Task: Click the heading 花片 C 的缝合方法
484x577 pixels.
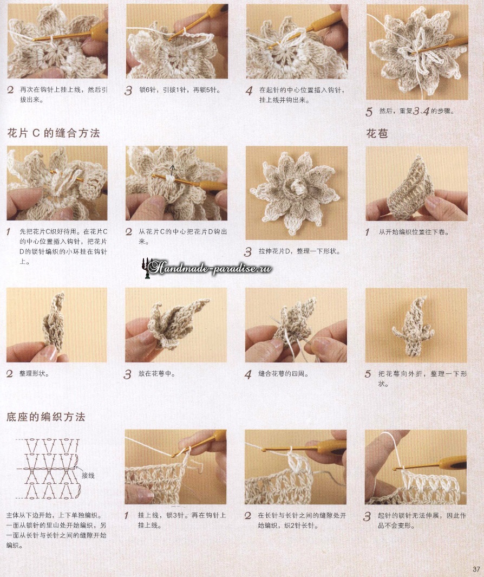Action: (54, 133)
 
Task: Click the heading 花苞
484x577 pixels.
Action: (377, 133)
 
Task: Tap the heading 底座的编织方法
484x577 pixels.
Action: (46, 417)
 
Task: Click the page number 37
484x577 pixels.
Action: (476, 569)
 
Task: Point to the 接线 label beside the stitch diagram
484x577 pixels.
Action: (88, 476)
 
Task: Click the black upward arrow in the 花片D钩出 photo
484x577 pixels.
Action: (172, 169)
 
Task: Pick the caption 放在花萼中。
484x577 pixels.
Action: (156, 373)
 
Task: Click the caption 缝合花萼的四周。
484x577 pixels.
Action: (283, 373)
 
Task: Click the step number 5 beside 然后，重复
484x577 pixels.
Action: (369, 112)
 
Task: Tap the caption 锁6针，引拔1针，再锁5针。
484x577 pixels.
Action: (180, 90)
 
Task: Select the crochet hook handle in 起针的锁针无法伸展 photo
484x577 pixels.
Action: (453, 462)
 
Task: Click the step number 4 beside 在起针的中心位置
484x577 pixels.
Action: (249, 91)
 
